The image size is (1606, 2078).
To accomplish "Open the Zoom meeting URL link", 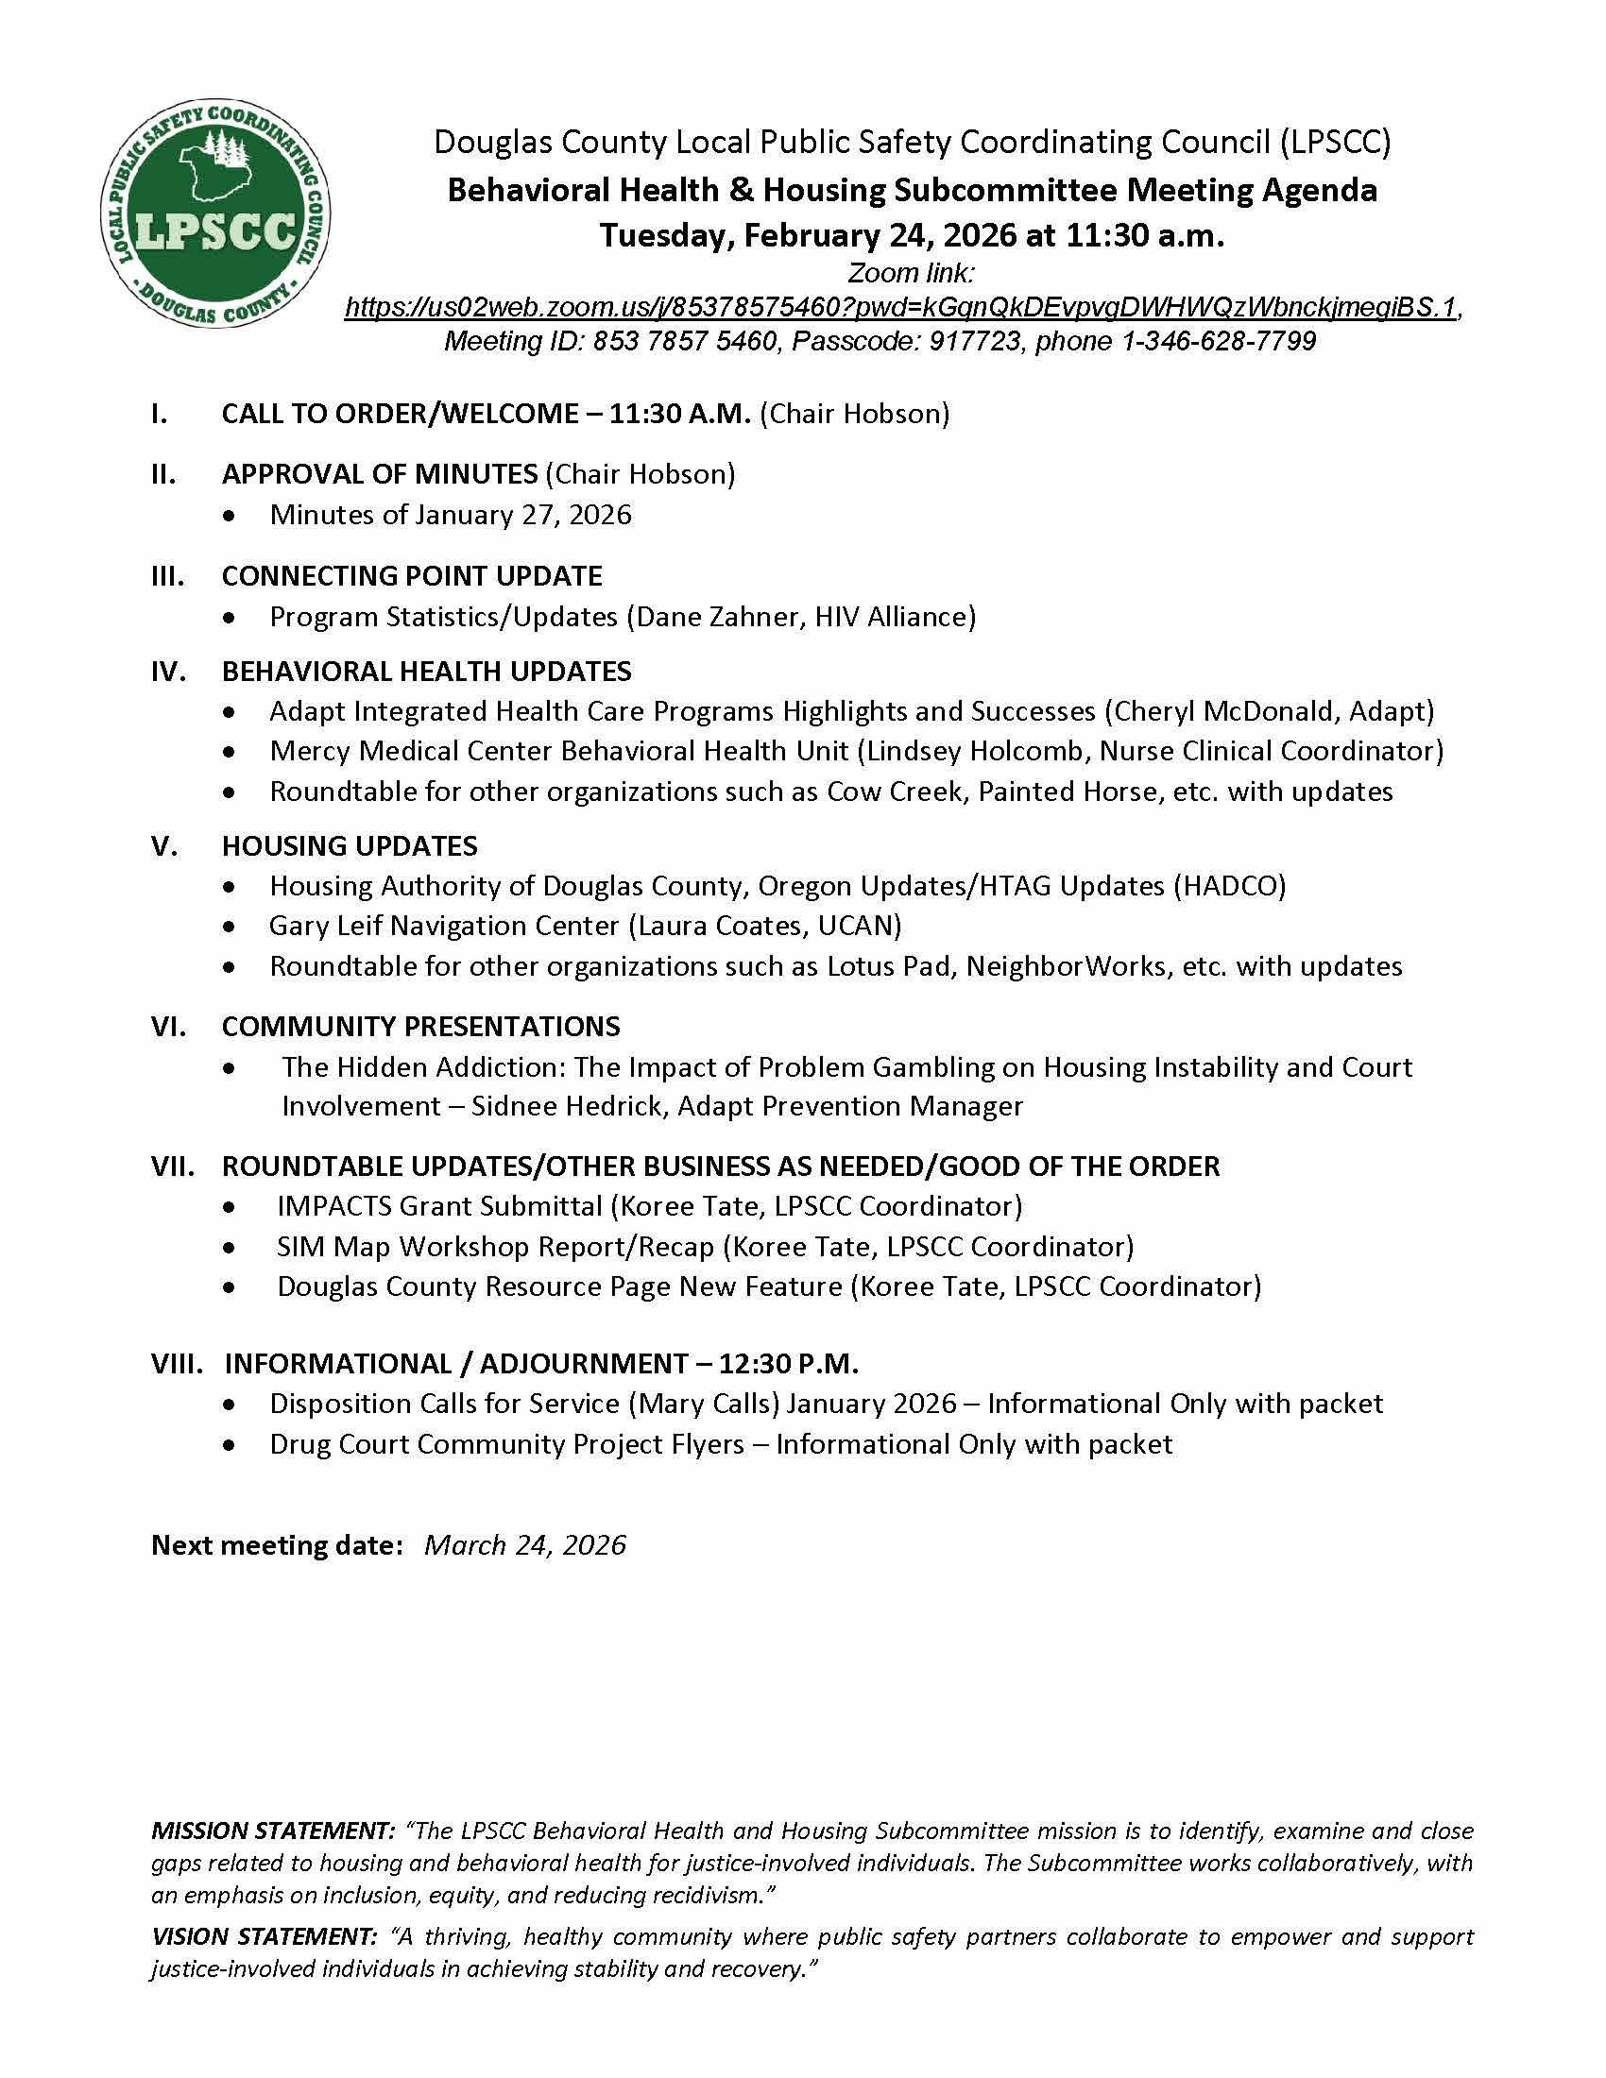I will (900, 307).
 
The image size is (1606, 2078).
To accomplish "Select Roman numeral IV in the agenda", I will (168, 672).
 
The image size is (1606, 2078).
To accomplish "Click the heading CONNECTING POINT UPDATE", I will (411, 576).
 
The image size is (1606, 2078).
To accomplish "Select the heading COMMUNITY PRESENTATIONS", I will (420, 1027).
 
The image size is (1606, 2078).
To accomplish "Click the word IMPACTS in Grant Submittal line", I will (333, 1206).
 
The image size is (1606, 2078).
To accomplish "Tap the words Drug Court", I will (339, 1444).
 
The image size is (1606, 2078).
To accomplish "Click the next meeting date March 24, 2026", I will (525, 1545).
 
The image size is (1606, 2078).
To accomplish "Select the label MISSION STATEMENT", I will (272, 1831).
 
